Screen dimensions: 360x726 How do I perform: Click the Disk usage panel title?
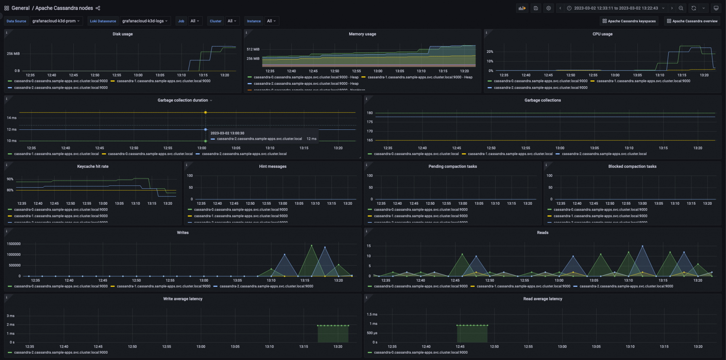123,34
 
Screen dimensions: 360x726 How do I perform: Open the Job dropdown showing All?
195,21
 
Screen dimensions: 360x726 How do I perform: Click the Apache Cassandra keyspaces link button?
629,21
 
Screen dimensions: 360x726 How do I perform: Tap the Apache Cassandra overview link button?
692,21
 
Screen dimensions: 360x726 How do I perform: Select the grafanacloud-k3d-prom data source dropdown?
56,21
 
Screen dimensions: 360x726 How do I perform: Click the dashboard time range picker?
616,8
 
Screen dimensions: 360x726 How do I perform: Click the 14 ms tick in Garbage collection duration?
12,118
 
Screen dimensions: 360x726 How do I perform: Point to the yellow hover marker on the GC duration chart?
206,112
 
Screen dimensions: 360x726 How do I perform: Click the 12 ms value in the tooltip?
311,139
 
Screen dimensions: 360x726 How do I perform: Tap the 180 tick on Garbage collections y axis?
370,113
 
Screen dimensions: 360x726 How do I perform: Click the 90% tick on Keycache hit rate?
10,179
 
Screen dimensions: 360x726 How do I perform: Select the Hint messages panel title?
273,166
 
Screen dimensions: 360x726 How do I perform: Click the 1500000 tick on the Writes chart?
14,244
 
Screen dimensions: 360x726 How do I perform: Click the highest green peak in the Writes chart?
312,245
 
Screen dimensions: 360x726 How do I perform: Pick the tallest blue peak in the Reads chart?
642,246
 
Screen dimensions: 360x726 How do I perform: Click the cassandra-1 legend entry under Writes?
163,286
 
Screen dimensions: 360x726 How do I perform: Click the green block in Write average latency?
333,334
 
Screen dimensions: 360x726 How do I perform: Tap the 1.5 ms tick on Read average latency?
372,314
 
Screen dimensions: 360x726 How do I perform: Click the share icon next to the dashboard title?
98,8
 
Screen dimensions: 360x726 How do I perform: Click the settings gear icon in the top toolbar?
548,8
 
